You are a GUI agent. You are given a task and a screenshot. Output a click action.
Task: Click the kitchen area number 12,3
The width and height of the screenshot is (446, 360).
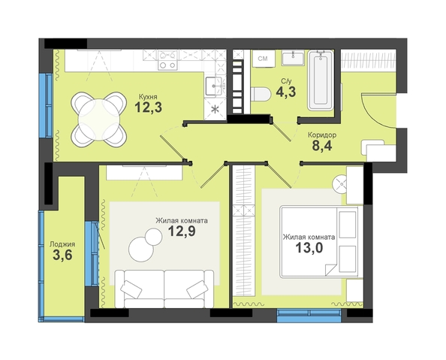[148, 107]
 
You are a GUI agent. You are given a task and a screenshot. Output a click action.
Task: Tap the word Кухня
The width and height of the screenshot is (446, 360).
[148, 97]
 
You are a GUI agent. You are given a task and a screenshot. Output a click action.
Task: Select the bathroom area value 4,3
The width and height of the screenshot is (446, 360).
[286, 92]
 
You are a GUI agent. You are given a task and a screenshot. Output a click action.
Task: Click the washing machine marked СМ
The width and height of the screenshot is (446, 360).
[263, 59]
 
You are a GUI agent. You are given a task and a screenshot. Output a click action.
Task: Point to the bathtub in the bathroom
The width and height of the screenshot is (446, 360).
[321, 80]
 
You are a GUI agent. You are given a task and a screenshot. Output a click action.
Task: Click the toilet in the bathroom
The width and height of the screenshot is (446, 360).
[261, 94]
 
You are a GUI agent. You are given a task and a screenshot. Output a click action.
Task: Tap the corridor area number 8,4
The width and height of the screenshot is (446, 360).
[322, 146]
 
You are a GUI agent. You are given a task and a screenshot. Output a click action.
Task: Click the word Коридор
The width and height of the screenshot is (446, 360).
[322, 135]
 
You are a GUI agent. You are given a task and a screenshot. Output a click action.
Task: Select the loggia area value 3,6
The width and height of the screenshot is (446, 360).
[62, 255]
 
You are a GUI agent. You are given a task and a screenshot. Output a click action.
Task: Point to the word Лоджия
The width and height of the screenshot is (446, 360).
[62, 244]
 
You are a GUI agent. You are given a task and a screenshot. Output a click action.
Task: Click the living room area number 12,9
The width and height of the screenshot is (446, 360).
[182, 231]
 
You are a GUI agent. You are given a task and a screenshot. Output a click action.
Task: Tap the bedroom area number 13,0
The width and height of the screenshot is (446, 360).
[309, 247]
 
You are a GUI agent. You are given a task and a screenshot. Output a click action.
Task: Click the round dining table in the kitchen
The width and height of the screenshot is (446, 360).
[98, 119]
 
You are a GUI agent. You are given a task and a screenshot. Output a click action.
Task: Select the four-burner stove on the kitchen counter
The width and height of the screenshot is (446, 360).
[167, 59]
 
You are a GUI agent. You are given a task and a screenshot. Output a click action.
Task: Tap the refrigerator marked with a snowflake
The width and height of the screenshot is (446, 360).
[215, 108]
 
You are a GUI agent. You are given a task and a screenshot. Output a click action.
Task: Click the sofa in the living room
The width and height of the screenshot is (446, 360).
[164, 289]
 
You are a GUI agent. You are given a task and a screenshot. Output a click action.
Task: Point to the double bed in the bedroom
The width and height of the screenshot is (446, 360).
[321, 242]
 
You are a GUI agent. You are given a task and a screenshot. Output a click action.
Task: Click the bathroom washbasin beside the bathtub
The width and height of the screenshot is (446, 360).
[293, 59]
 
